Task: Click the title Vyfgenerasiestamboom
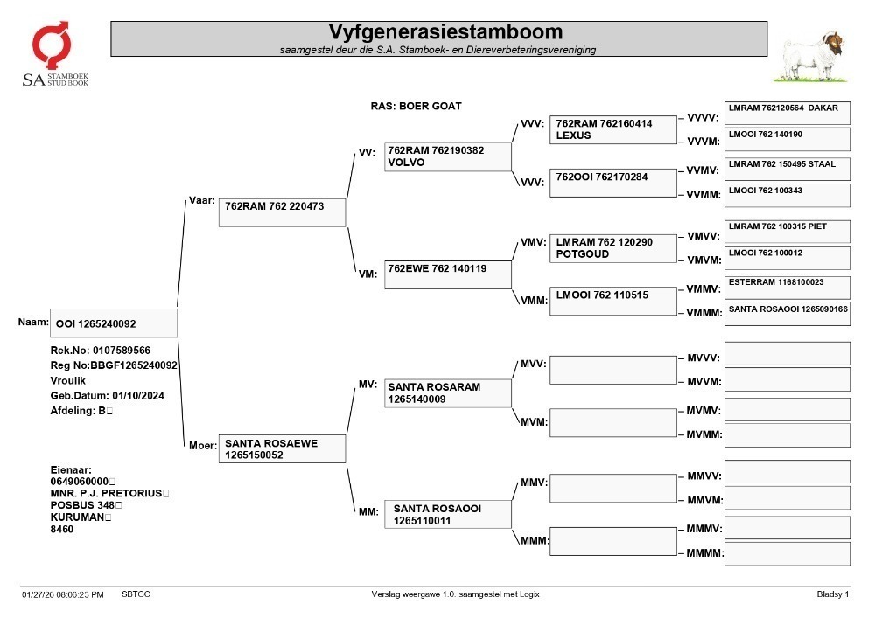point(445,31)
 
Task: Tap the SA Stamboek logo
point(54,54)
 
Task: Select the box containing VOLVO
point(447,156)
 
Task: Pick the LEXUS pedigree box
point(612,130)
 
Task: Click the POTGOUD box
point(612,248)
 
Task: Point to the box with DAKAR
point(787,113)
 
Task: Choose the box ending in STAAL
point(787,169)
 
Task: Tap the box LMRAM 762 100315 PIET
point(787,232)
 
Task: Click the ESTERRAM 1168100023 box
point(787,288)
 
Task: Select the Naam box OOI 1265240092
point(114,323)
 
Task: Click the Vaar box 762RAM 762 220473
point(282,212)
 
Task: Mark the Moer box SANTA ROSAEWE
point(282,448)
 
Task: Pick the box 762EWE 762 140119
point(447,274)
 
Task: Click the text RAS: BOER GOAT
point(416,106)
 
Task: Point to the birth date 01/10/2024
point(138,396)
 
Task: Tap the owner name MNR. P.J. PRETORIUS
point(106,493)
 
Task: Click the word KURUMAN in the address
point(77,517)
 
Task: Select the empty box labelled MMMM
point(787,554)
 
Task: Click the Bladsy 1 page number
point(833,594)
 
